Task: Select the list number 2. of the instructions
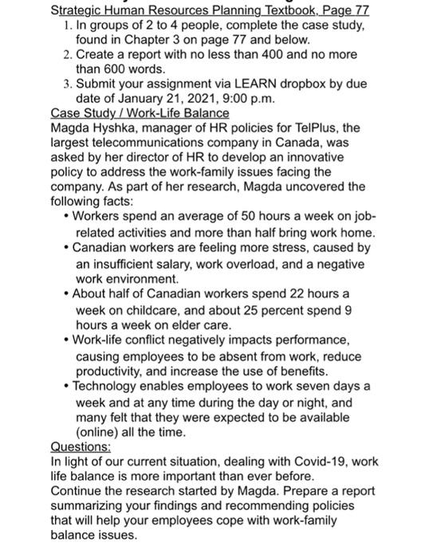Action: click(x=67, y=54)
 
